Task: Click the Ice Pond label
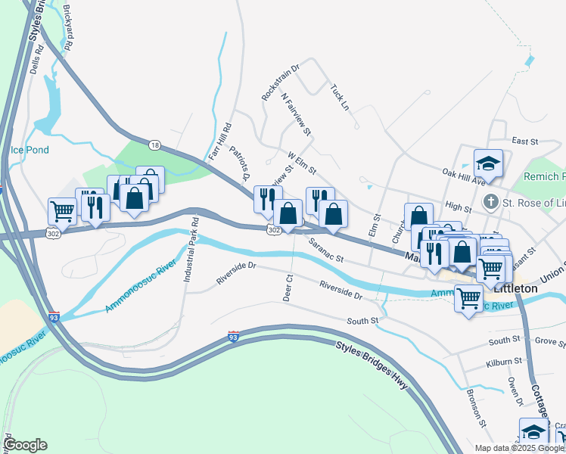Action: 30,150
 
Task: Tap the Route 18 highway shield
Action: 155,144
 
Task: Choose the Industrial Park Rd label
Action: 191,250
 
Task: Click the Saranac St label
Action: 326,250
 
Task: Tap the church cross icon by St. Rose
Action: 490,203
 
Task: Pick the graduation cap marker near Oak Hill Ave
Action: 488,163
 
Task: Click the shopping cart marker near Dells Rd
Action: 61,212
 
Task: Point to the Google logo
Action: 25,445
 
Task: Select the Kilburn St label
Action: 505,362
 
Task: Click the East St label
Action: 524,141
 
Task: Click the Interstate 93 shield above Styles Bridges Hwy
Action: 233,336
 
